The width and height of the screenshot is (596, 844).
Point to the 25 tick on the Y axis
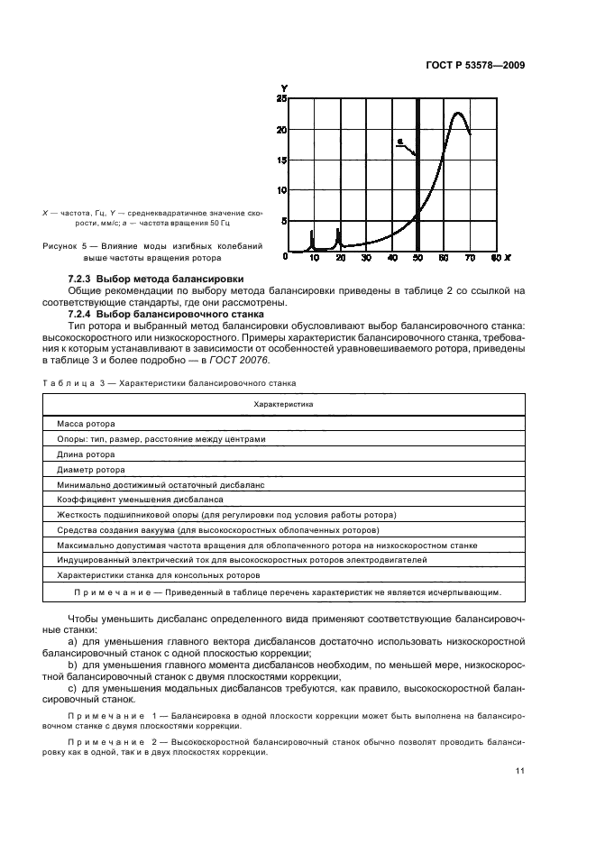click(x=282, y=98)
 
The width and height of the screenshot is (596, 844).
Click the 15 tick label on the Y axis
click(x=282, y=161)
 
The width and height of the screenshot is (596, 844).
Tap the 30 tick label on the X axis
click(x=365, y=258)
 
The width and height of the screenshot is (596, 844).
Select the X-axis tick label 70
click(x=469, y=258)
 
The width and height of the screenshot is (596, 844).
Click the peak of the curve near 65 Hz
click(x=458, y=114)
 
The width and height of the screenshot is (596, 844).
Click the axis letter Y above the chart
click(x=283, y=88)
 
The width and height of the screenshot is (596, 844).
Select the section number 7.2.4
click(x=81, y=313)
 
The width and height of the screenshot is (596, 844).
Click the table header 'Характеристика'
click(x=283, y=405)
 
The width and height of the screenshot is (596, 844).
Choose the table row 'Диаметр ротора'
click(x=90, y=469)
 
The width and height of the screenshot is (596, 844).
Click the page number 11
click(x=519, y=770)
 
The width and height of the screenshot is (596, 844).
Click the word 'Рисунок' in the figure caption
click(x=62, y=245)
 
